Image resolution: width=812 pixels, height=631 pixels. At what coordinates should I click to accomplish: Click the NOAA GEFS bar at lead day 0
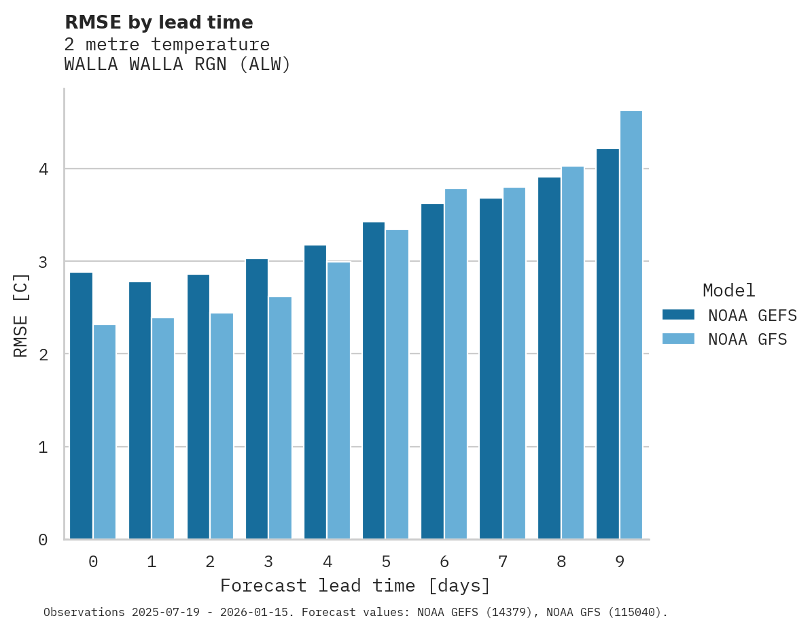(x=81, y=406)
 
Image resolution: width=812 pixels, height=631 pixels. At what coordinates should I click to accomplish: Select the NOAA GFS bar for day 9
(x=631, y=325)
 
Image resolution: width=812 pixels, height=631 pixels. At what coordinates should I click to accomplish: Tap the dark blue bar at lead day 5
(x=374, y=381)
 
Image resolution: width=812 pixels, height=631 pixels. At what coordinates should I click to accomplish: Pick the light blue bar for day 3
(x=280, y=418)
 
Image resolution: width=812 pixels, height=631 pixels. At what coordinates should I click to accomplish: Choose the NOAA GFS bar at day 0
(x=105, y=432)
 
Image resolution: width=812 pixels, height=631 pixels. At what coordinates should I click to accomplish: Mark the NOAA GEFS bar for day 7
(x=491, y=369)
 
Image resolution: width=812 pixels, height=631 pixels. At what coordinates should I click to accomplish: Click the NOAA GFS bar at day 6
(x=455, y=364)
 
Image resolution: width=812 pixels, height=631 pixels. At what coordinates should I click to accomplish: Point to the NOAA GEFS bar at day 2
(x=198, y=407)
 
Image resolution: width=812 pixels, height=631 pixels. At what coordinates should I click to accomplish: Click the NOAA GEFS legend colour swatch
(x=678, y=315)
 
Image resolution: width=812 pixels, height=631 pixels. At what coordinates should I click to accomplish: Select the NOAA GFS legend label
(x=747, y=339)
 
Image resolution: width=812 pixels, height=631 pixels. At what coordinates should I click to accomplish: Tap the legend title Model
(x=728, y=291)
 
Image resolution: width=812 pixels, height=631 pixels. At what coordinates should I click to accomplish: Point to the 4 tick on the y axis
(x=43, y=169)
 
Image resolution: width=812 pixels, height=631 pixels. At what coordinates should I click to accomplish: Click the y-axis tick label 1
(x=43, y=447)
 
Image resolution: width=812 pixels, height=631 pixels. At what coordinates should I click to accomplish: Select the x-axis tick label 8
(x=561, y=562)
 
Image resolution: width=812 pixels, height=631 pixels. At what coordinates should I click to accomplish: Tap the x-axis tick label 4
(x=328, y=562)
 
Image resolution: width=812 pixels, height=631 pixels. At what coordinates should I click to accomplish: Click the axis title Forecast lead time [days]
(x=355, y=585)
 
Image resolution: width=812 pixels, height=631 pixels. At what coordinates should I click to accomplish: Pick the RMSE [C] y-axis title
(x=22, y=315)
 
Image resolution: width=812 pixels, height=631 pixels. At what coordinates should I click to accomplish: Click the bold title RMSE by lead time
(x=158, y=22)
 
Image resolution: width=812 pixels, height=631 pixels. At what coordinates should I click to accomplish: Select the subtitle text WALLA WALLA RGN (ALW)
(x=177, y=65)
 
